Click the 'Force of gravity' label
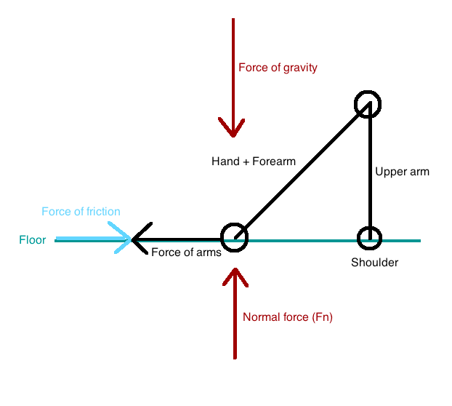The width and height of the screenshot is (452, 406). click(x=278, y=68)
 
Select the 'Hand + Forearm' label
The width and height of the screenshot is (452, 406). click(x=253, y=161)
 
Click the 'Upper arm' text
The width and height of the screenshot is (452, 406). click(x=402, y=172)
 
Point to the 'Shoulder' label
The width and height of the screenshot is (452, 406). click(x=374, y=262)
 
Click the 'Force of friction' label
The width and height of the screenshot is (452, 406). click(x=81, y=212)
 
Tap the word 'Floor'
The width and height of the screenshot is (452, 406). click(x=33, y=239)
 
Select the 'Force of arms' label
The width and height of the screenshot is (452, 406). click(x=186, y=252)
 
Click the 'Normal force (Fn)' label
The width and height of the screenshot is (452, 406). click(x=288, y=317)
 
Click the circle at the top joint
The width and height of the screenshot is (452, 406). click(x=368, y=105)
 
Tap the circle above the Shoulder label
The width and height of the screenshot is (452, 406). click(x=369, y=238)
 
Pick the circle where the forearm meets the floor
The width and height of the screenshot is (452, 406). click(x=234, y=237)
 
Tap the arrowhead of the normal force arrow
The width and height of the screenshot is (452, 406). click(x=234, y=277)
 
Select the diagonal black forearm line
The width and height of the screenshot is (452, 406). click(x=302, y=170)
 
